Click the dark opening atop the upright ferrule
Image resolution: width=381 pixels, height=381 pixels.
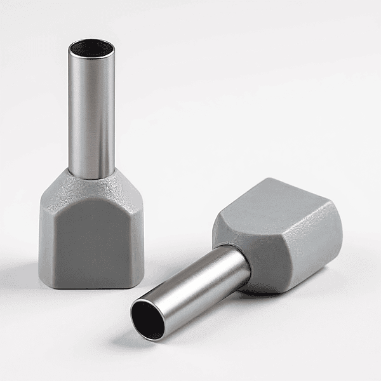(x=91, y=48)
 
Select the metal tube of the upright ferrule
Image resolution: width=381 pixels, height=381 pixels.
(x=91, y=114)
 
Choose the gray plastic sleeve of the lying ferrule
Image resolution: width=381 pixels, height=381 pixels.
(x=279, y=235)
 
